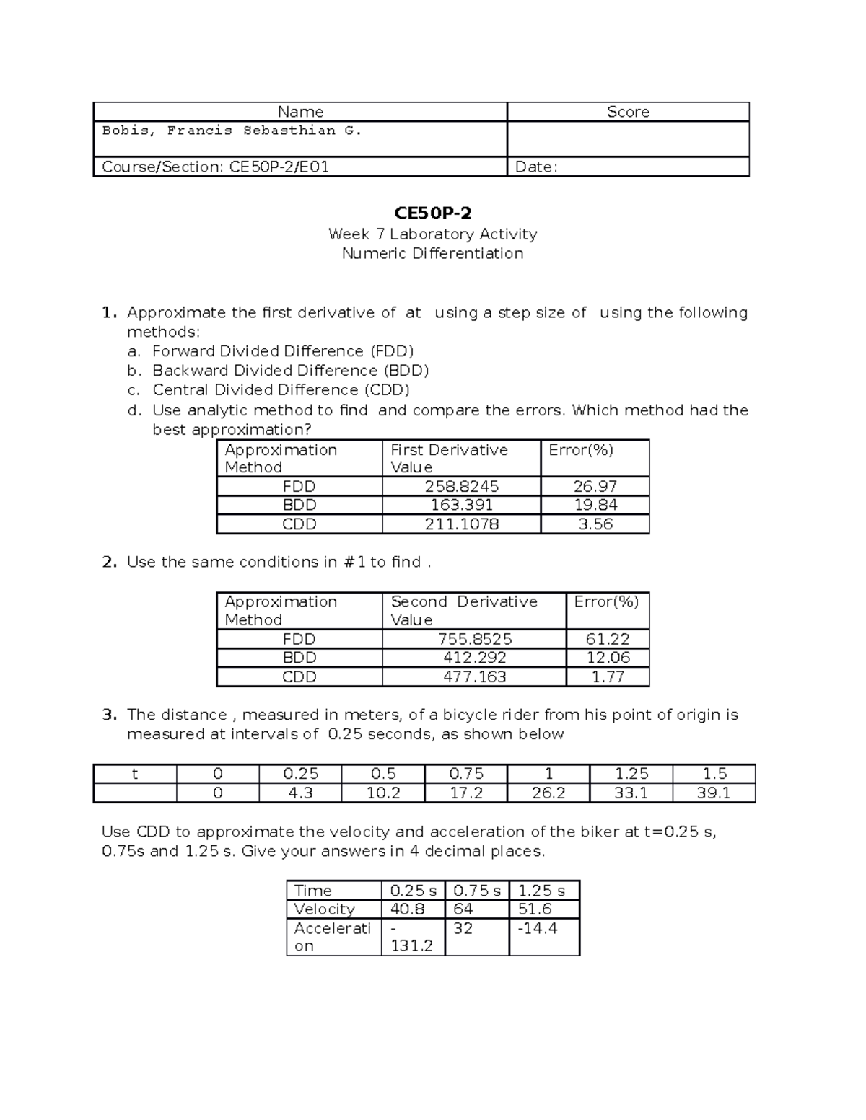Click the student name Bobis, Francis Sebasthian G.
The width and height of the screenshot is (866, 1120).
click(232, 131)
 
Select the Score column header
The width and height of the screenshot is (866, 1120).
click(628, 112)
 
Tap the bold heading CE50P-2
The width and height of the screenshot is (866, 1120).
click(432, 213)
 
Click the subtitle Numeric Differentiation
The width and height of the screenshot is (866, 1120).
click(432, 253)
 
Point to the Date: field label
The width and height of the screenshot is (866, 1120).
click(535, 167)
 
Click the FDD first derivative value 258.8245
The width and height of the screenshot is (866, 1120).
click(461, 486)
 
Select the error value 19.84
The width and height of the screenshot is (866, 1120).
click(595, 505)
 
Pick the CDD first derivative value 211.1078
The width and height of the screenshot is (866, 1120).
click(461, 524)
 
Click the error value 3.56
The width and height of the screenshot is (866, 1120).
click(595, 524)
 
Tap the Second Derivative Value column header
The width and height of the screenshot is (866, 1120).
click(463, 610)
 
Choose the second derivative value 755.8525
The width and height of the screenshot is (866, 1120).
click(474, 639)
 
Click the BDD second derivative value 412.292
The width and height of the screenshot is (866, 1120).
click(474, 658)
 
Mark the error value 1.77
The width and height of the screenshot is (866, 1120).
click(608, 676)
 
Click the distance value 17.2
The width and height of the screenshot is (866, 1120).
click(466, 793)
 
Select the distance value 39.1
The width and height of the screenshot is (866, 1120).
click(714, 793)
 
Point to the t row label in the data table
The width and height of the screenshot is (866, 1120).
click(134, 774)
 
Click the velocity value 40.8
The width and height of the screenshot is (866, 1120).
click(408, 909)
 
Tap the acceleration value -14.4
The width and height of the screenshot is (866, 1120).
click(538, 928)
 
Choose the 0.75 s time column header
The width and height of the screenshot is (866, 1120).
click(477, 891)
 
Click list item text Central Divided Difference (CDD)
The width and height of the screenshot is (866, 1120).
click(281, 390)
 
